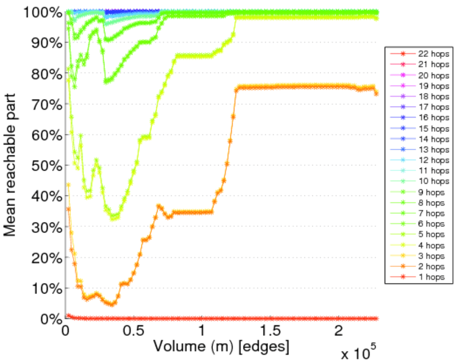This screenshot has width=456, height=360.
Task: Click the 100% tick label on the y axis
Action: pos(44,12)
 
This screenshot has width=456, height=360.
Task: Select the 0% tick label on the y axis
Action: pos(49,319)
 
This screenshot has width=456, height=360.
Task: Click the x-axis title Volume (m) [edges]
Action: pos(221,347)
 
